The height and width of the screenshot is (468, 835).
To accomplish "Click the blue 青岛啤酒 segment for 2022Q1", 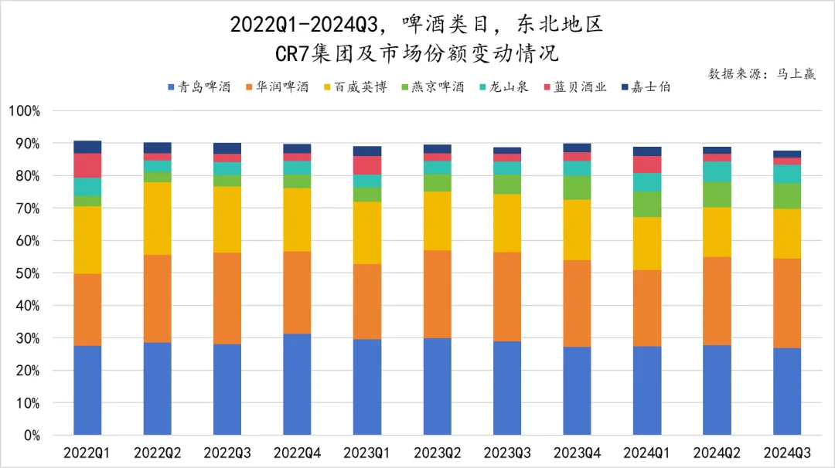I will [x=87, y=390].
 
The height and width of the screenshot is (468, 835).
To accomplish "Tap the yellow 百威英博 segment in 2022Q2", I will [x=158, y=219].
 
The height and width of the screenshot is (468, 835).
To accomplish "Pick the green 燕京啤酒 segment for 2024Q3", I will [x=787, y=196].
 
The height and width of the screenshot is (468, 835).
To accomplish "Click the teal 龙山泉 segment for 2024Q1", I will [x=647, y=182].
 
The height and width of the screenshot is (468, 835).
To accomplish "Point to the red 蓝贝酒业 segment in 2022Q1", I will [x=87, y=165].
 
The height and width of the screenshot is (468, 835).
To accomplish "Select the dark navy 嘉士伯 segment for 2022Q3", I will [x=227, y=148].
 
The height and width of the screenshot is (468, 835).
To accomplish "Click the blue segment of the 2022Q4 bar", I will [x=298, y=384].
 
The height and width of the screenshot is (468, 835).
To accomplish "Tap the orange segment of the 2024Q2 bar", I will [x=717, y=300].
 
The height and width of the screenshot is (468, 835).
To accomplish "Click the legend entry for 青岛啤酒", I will [x=199, y=87].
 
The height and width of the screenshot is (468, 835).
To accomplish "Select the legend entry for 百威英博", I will [x=355, y=87].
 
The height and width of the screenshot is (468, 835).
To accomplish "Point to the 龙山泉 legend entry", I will [x=506, y=87].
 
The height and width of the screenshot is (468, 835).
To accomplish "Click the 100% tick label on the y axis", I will [x=25, y=111].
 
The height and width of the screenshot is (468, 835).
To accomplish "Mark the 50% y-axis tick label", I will [x=28, y=273].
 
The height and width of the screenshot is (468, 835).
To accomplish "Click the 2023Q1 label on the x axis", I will [x=367, y=452].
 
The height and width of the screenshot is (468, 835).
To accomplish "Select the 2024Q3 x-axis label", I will [x=787, y=452].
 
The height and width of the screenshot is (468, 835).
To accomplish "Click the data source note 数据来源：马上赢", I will [x=762, y=74].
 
